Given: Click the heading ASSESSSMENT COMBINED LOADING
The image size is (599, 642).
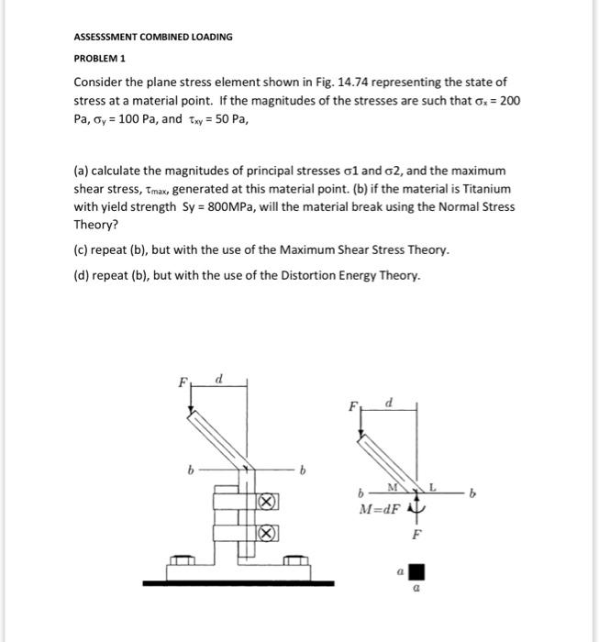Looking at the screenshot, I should click(x=153, y=37).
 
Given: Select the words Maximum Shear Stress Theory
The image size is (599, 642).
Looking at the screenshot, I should click(x=360, y=249).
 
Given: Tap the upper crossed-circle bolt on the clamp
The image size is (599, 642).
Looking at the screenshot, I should click(x=265, y=502).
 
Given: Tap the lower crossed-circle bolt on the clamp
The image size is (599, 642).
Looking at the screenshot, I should click(x=265, y=533).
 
